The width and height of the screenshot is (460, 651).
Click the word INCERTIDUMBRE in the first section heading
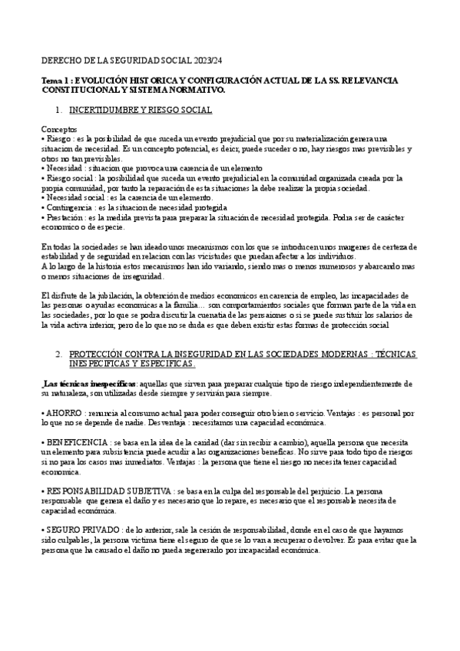pos(100,111)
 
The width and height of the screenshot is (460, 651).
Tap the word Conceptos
pos(59,131)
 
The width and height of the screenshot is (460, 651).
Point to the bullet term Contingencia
pos(68,207)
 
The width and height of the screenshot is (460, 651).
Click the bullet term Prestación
pos(65,217)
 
